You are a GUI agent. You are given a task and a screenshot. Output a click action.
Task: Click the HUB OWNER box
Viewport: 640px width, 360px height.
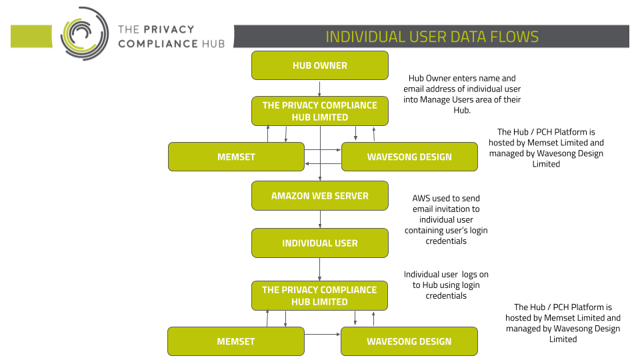[319, 65]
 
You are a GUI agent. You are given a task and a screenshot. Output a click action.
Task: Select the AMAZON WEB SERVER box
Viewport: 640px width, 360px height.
[319, 196]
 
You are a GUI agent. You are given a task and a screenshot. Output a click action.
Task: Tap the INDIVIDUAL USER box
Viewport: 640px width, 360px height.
[319, 243]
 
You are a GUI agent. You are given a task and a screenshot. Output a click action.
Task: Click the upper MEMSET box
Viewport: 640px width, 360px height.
[236, 157]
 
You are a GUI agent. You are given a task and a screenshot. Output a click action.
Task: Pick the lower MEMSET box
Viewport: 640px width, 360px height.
[235, 341]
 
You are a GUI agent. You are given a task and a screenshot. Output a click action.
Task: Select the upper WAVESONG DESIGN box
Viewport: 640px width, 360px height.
[409, 157]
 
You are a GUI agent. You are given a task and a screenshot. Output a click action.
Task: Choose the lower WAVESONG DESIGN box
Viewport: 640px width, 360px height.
[409, 341]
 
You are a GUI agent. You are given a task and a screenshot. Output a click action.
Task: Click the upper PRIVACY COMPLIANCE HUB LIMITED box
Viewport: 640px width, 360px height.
[319, 111]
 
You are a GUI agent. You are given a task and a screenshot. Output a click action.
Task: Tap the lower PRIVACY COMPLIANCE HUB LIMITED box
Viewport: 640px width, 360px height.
[319, 295]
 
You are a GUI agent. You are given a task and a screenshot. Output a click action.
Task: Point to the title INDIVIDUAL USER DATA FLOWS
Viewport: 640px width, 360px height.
[432, 37]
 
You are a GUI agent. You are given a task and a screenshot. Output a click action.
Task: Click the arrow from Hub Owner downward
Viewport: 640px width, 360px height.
[319, 89]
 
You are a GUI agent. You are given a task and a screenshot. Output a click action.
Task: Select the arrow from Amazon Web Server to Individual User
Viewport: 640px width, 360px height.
[320, 219]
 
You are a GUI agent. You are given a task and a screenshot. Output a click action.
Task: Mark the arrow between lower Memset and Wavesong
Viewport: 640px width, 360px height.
[323, 334]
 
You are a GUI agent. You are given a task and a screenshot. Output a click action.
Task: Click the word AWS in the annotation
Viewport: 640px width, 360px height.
[421, 199]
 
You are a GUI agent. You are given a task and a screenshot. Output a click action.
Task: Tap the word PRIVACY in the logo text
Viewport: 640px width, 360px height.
[168, 29]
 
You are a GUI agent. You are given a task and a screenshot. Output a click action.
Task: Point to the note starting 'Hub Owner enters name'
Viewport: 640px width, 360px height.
[462, 94]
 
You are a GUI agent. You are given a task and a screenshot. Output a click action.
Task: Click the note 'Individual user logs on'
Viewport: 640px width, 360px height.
[446, 285]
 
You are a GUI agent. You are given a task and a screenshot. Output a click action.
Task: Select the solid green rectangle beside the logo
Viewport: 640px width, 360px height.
[31, 36]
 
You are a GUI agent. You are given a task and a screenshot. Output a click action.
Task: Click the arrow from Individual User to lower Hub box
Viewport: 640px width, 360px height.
[319, 269]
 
